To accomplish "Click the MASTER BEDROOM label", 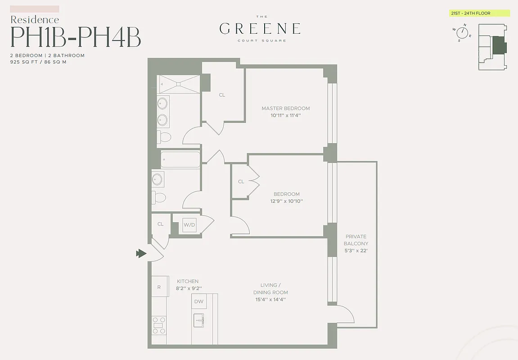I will click(x=286, y=108).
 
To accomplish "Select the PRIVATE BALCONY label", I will click(x=356, y=240).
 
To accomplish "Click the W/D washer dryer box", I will click(x=188, y=225).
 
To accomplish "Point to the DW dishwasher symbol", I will click(x=198, y=301).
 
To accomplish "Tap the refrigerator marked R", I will click(x=159, y=287).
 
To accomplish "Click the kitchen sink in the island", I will click(x=198, y=321).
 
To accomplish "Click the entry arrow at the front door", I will click(x=141, y=254).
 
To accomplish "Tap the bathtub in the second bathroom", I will click(x=180, y=159).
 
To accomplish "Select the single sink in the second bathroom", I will click(x=158, y=179).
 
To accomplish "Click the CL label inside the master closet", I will click(x=222, y=95).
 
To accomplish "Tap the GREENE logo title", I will click(x=260, y=29).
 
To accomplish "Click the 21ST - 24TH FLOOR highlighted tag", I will click(x=480, y=13).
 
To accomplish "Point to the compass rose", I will click(x=462, y=32).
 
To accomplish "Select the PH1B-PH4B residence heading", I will click(x=76, y=37).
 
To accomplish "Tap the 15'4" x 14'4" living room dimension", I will click(x=270, y=299).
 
